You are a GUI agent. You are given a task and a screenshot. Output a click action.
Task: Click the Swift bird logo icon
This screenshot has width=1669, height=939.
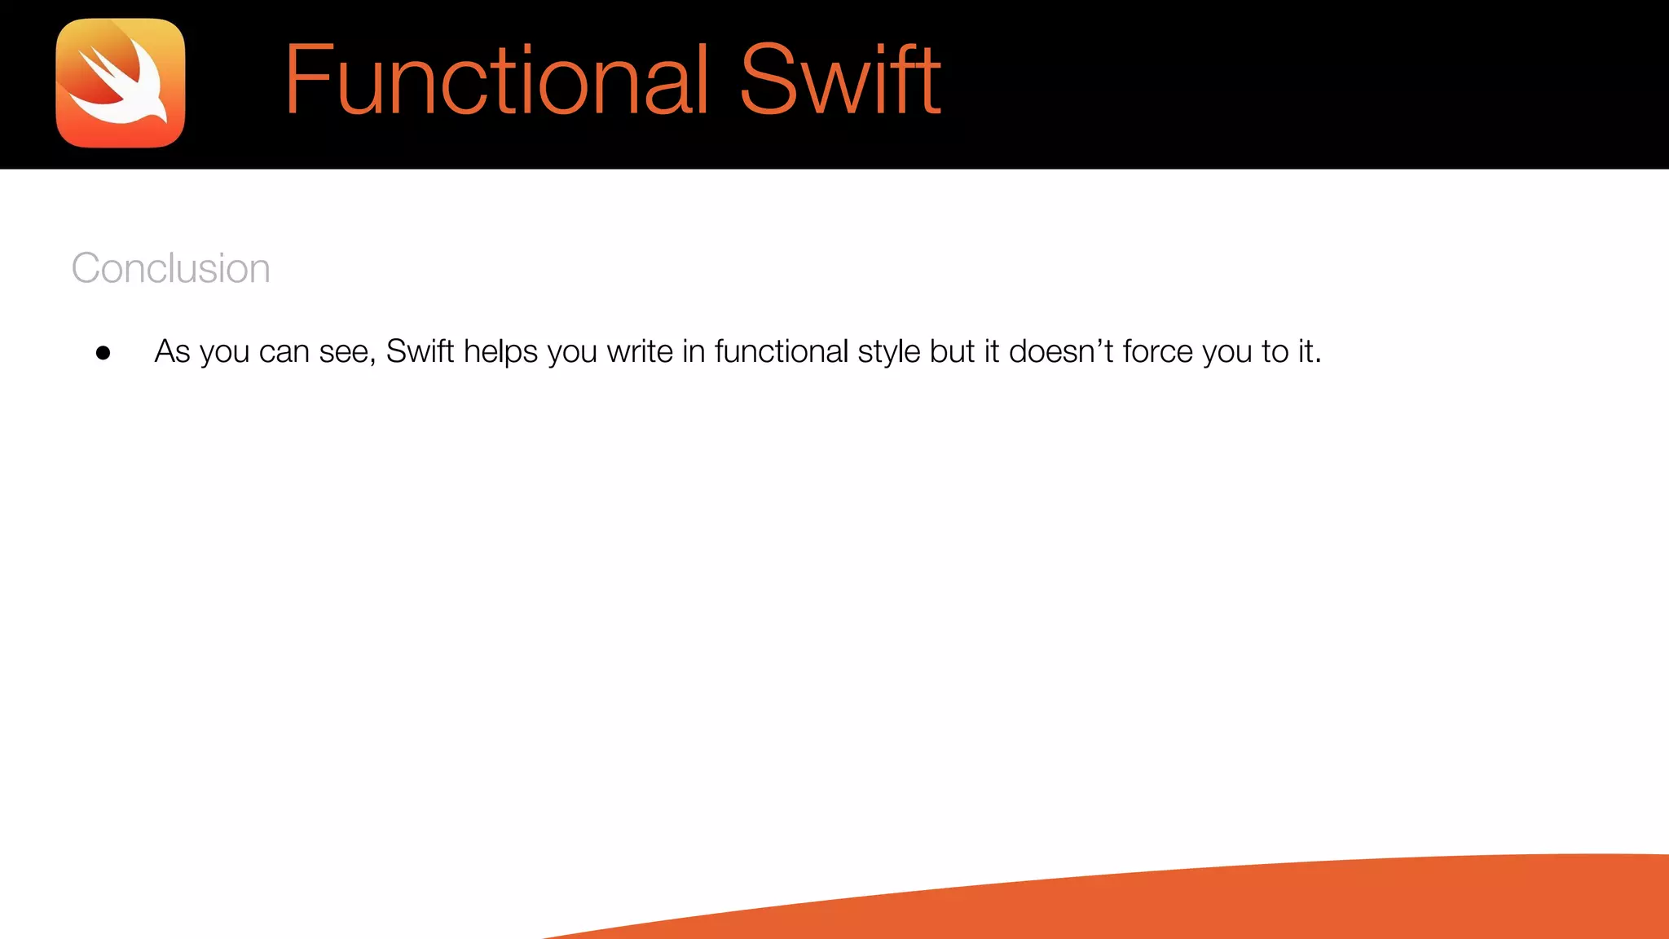121,83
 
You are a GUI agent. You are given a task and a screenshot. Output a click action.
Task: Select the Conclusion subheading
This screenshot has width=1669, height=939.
170,268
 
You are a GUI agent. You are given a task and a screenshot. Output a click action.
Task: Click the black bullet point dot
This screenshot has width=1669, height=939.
103,353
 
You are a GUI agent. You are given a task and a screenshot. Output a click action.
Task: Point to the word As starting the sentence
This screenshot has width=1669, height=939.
172,351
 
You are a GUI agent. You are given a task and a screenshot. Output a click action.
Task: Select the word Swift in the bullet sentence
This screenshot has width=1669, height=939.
420,351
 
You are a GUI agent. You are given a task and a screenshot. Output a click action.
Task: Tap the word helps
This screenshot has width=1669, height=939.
500,352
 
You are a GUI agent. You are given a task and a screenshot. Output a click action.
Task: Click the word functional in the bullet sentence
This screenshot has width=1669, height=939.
782,351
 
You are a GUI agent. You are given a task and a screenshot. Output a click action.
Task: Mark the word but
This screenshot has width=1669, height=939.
952,351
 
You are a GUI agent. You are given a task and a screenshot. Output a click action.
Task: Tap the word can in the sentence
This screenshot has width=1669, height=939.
284,352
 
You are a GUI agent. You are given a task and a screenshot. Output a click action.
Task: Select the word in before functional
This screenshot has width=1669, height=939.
694,351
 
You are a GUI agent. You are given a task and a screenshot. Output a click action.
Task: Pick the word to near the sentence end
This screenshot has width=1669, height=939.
1275,351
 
